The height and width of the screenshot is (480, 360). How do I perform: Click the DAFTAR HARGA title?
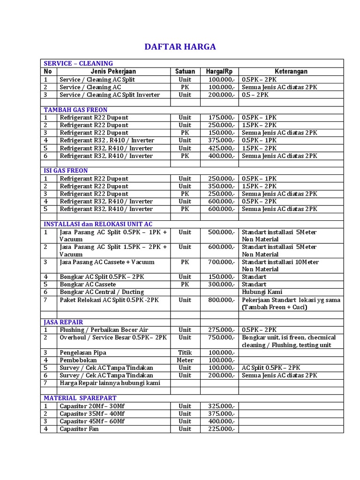coord(180,46)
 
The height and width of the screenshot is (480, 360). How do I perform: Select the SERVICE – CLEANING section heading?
coord(78,63)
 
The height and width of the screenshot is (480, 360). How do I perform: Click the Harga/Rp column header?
coord(219,71)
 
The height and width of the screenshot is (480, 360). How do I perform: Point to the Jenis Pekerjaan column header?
coord(113,71)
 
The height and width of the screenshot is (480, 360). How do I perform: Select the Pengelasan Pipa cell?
coord(83,352)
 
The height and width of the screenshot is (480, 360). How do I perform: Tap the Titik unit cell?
coord(185,352)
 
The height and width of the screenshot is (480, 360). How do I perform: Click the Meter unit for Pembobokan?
coord(185,360)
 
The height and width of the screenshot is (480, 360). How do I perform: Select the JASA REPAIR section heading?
coord(63,322)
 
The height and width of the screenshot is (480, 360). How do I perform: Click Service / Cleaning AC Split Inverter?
coord(110,95)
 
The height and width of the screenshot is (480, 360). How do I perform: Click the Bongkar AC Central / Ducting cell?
coord(102,292)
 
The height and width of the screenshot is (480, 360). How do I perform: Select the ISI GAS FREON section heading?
coord(66,171)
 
